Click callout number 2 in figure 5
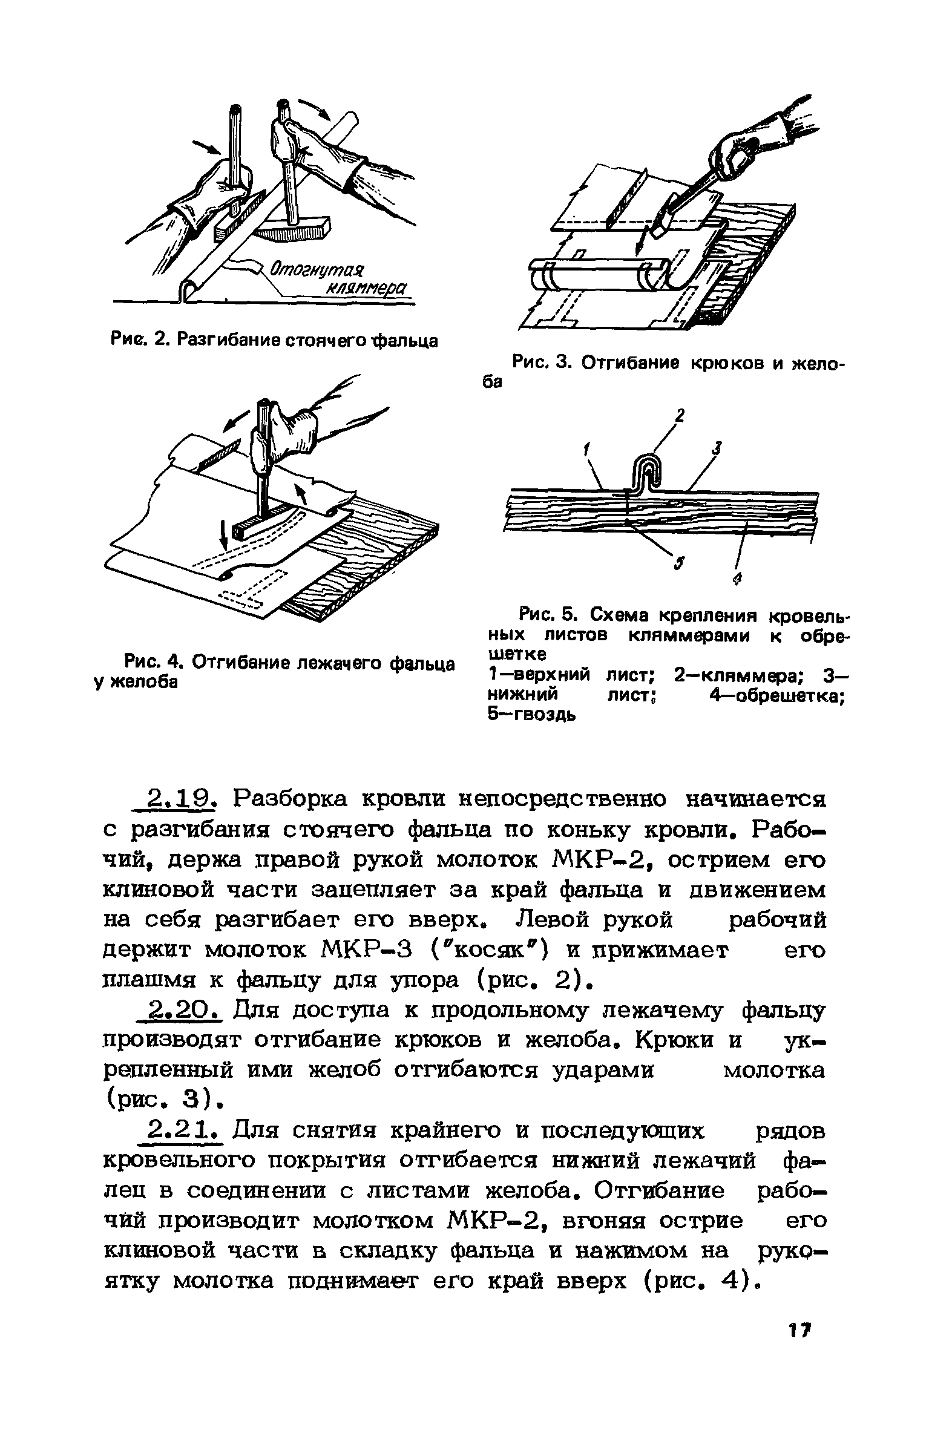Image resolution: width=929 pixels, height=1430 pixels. click(680, 416)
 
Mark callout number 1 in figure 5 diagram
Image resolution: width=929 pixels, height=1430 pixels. click(585, 450)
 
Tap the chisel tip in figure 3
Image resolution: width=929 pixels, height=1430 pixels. click(658, 231)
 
